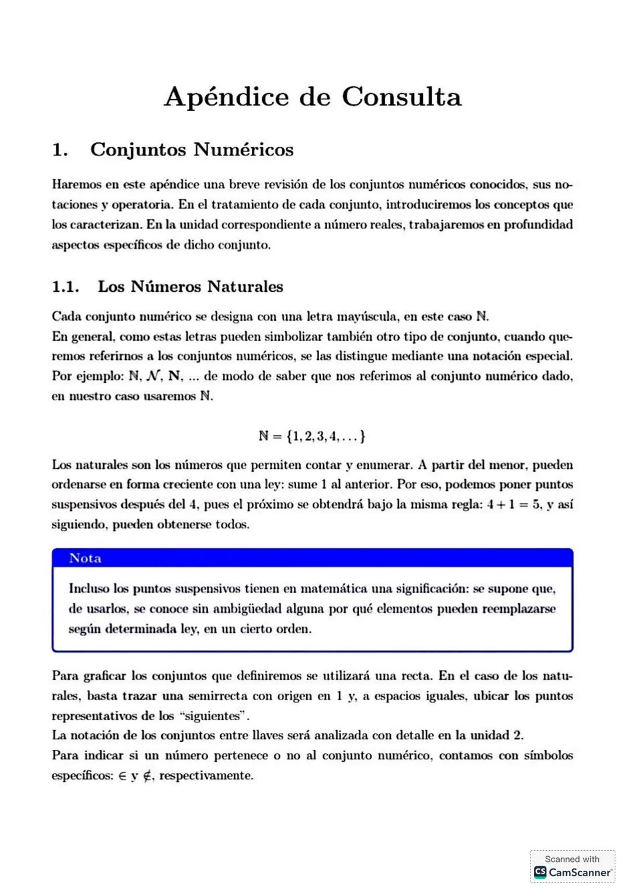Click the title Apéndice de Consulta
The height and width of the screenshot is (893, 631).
[313, 97]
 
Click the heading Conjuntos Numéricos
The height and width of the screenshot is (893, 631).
[192, 150]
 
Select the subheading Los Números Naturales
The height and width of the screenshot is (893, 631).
[190, 286]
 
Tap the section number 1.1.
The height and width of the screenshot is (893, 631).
[65, 286]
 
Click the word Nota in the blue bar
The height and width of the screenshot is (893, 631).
[85, 558]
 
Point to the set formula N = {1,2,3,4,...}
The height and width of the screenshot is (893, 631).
[312, 436]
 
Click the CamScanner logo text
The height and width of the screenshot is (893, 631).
[580, 872]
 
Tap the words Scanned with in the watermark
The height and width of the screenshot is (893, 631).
[572, 859]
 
